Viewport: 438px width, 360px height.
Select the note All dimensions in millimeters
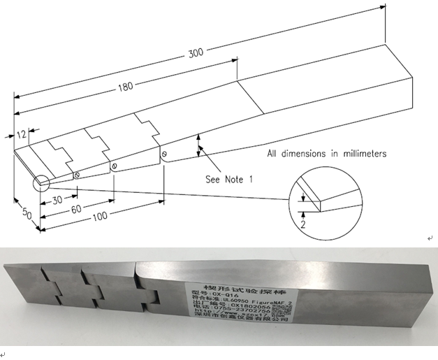click(x=327, y=153)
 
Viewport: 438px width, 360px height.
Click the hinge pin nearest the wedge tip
click(x=77, y=175)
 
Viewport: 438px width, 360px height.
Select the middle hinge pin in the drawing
click(x=113, y=166)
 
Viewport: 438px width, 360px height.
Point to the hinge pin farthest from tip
click(x=163, y=154)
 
